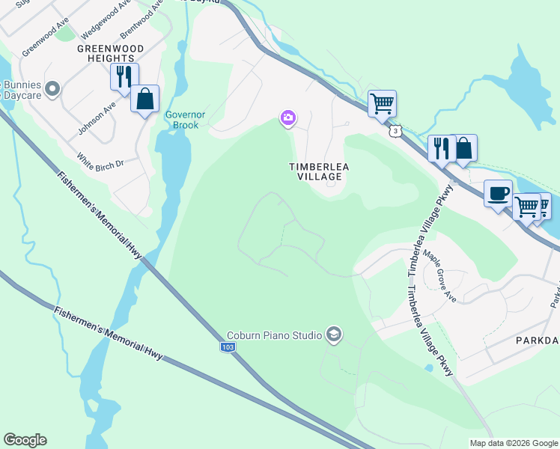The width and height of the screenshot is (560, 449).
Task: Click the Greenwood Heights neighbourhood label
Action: click(106, 52)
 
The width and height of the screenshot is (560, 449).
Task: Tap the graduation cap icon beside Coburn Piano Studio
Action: click(334, 335)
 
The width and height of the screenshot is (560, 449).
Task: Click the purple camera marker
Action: click(288, 118)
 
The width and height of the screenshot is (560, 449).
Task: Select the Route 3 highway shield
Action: click(394, 131)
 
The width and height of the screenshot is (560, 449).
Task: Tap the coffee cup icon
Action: click(498, 195)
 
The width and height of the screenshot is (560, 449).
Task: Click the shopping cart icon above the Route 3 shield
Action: click(382, 103)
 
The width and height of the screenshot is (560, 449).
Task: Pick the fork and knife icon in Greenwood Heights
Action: click(124, 76)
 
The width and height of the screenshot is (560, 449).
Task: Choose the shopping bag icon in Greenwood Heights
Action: click(144, 99)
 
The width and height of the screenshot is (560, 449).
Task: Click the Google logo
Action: click(25, 440)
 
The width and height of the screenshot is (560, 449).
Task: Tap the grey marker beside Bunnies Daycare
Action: click(52, 90)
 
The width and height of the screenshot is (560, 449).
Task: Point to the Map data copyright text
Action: click(513, 443)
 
